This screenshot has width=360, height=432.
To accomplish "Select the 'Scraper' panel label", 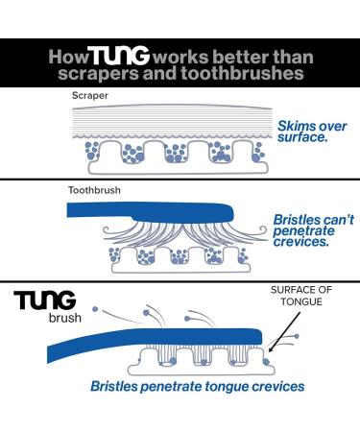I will pos(88,96).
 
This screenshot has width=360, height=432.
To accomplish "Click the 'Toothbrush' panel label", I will pos(95,189).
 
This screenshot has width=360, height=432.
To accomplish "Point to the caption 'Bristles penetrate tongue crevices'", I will pos(197,387).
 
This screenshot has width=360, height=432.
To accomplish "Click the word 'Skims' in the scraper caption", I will pos(296,126).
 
